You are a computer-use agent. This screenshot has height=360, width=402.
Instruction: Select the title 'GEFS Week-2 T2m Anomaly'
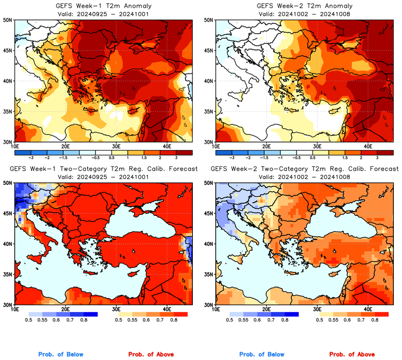point(304,5)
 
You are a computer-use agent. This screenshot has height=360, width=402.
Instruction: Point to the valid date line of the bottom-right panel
point(304,177)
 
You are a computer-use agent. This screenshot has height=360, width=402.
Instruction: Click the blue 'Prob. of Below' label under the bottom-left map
point(61,354)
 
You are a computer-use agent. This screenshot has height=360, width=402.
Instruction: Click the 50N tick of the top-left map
point(8,20)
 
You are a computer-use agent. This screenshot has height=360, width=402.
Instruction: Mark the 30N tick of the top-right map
point(210,142)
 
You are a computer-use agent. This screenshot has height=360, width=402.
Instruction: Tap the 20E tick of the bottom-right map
point(267,309)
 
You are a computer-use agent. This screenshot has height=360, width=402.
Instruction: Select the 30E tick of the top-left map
point(116,146)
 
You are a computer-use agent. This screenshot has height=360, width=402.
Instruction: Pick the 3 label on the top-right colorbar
point(377,157)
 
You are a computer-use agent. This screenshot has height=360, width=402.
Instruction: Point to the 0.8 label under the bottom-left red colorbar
point(172,321)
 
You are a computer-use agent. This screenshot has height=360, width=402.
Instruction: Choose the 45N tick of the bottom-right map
point(210,214)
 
